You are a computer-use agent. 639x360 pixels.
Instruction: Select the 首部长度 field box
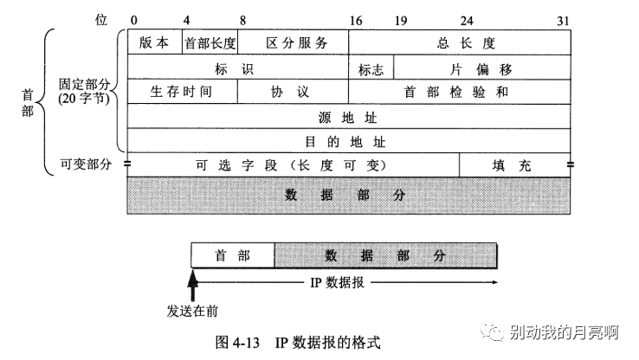pyautogui.click(x=210, y=42)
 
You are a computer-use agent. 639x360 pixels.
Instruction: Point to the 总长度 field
pyautogui.click(x=460, y=42)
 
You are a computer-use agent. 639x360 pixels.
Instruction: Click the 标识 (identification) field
pyautogui.click(x=238, y=67)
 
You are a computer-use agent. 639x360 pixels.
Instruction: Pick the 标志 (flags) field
pyautogui.click(x=371, y=67)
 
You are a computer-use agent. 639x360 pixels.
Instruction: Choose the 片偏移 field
pyautogui.click(x=483, y=67)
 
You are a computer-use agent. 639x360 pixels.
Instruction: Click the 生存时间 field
pyautogui.click(x=182, y=91)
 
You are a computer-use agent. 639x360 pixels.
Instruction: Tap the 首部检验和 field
pyautogui.click(x=460, y=91)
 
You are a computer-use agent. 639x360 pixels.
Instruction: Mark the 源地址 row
pyautogui.click(x=349, y=116)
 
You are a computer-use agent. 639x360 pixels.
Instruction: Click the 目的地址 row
pyautogui.click(x=349, y=140)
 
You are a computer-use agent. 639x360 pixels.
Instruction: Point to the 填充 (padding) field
pyautogui.click(x=514, y=164)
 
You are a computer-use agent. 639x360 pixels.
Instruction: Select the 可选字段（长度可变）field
pyautogui.click(x=293, y=164)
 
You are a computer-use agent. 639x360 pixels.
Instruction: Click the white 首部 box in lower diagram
pyautogui.click(x=232, y=255)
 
